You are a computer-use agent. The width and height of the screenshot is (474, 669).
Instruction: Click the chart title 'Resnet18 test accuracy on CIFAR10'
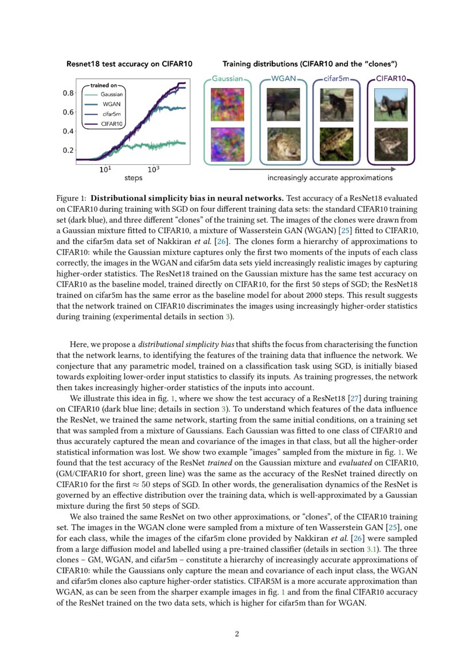tap(129, 64)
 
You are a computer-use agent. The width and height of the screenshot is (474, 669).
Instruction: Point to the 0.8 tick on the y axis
tap(68, 93)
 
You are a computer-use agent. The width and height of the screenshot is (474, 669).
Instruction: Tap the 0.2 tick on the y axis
tap(68, 151)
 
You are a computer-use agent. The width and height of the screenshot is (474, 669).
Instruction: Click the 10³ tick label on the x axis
tap(153, 169)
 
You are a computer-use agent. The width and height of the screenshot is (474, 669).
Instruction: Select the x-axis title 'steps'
tap(133, 178)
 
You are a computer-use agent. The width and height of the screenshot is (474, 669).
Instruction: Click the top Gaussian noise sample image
tap(228, 107)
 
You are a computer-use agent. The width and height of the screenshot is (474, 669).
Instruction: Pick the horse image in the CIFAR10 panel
tap(391, 107)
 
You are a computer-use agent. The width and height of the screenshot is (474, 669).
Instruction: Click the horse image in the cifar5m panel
tap(336, 107)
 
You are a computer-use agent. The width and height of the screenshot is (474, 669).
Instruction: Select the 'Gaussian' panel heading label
tap(228, 78)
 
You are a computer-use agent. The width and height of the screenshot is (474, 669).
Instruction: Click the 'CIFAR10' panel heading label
tap(391, 78)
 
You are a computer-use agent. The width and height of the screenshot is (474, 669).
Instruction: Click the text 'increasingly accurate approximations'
tap(330, 178)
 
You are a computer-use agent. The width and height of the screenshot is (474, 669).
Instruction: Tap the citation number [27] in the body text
tap(361, 398)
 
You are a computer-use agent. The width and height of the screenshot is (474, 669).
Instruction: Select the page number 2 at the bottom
tap(237, 634)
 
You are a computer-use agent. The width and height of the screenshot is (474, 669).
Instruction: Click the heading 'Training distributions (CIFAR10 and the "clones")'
tap(310, 64)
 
